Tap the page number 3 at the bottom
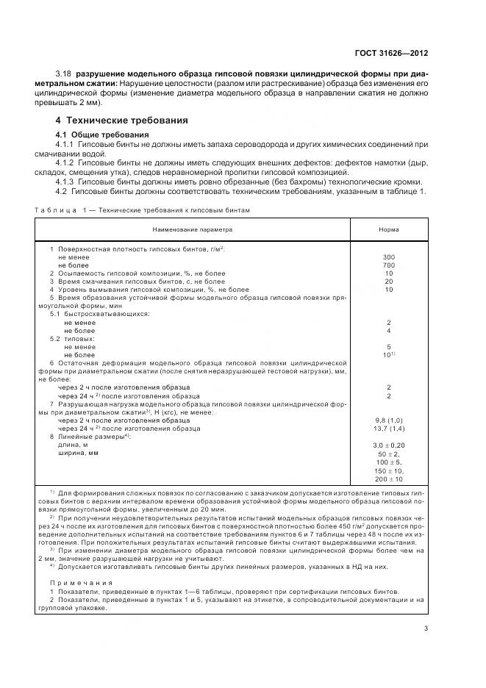[427, 627]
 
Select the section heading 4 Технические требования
[122, 120]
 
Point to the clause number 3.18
[64, 75]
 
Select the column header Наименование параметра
[191, 230]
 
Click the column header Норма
[389, 230]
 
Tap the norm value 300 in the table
[389, 257]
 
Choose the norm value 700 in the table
[389, 265]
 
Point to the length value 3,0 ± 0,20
[389, 445]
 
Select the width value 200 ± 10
[389, 479]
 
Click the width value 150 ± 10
[389, 470]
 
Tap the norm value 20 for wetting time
[389, 282]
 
